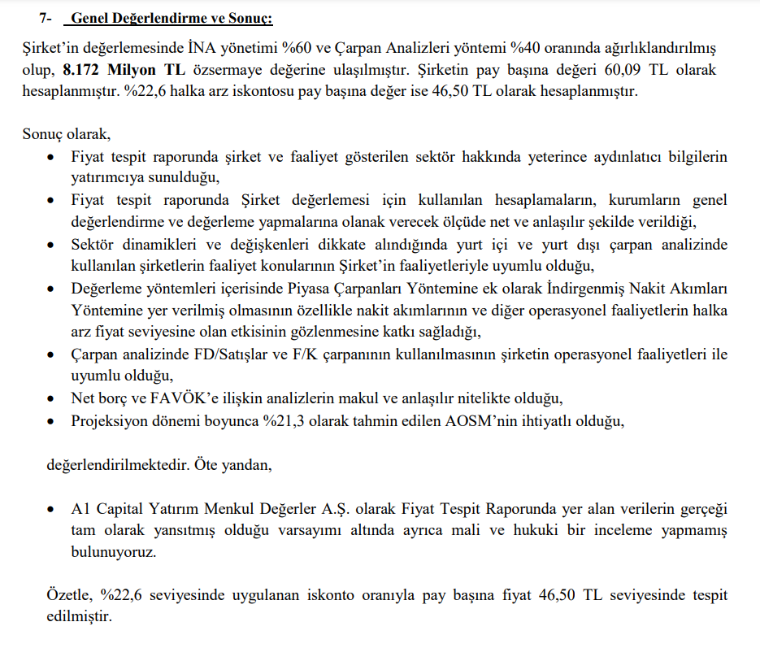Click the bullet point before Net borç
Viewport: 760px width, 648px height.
pyautogui.click(x=52, y=398)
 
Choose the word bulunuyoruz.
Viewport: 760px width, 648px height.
pyautogui.click(x=111, y=552)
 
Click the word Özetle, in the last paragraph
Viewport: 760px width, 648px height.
pyautogui.click(x=70, y=596)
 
